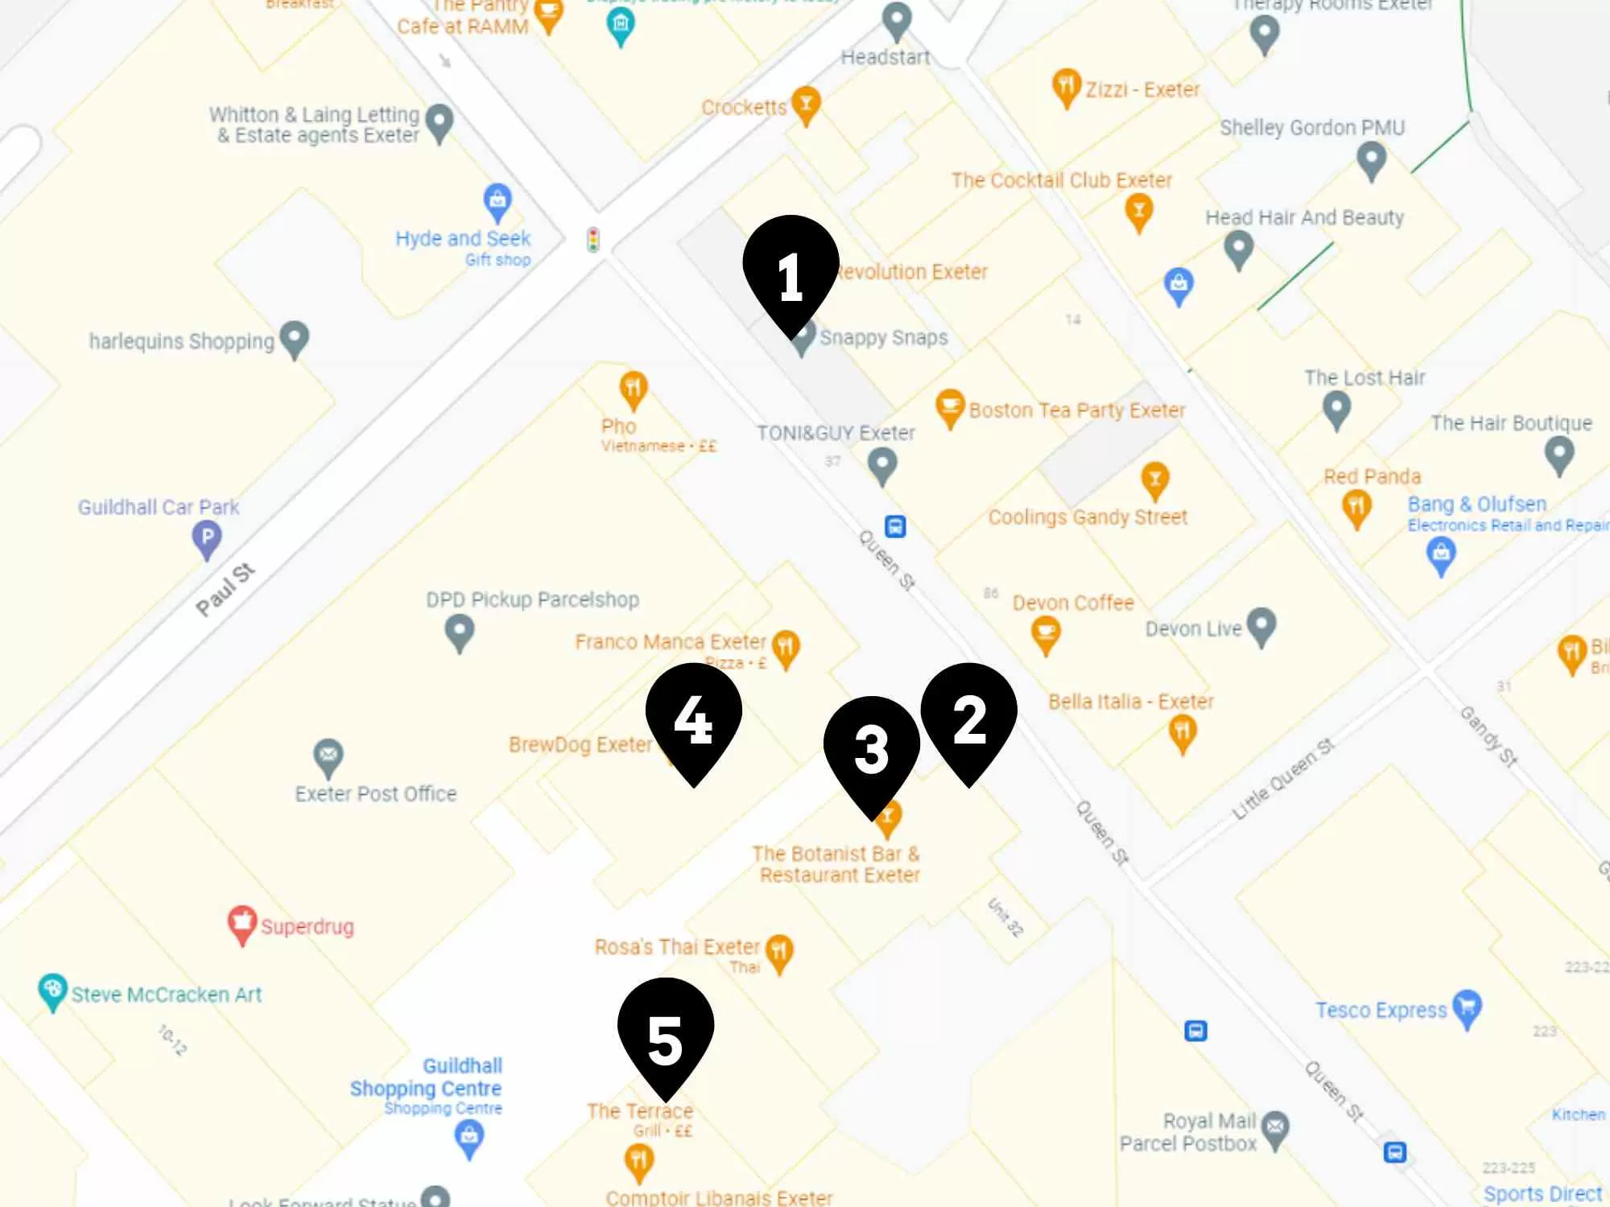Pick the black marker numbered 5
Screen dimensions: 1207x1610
click(665, 1033)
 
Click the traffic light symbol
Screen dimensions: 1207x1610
click(593, 240)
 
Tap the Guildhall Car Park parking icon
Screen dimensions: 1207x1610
click(207, 538)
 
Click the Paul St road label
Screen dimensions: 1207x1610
click(225, 590)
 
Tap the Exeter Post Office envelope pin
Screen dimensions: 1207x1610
click(328, 756)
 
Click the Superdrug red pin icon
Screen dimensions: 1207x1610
click(242, 924)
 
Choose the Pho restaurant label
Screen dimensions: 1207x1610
click(618, 426)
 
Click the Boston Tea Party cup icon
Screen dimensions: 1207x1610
click(950, 407)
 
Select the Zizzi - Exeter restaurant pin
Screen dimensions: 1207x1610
click(1066, 86)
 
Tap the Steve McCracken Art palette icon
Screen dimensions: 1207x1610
click(52, 991)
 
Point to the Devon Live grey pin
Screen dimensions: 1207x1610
click(1261, 625)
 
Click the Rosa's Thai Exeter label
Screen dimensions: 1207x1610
click(677, 947)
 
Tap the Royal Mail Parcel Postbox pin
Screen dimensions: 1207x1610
click(1275, 1129)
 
